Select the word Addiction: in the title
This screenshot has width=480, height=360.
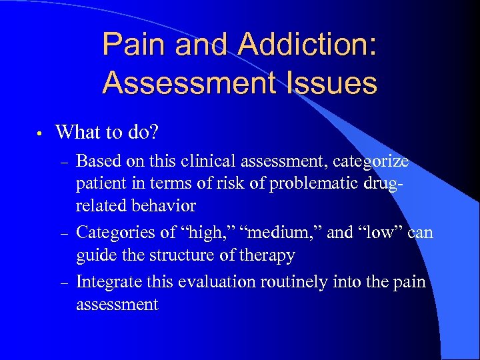point(307,45)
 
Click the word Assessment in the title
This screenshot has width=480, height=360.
point(187,83)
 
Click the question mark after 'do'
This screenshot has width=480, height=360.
point(153,131)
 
